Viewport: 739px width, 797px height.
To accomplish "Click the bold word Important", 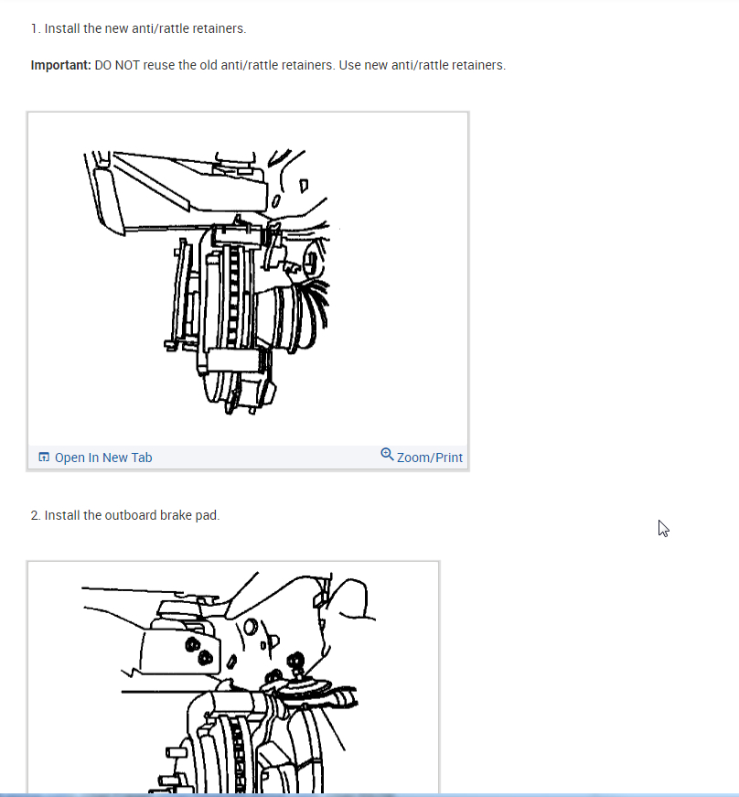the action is pyautogui.click(x=61, y=66).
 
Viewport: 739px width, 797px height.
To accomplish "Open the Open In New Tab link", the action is pyautogui.click(x=103, y=458).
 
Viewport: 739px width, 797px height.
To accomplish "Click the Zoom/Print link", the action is pyautogui.click(x=429, y=458).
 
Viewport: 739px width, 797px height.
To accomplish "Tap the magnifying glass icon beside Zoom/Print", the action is pyautogui.click(x=387, y=454).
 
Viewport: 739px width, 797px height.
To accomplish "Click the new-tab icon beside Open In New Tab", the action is pyautogui.click(x=44, y=457).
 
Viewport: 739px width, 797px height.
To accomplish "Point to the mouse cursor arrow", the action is pyautogui.click(x=663, y=529).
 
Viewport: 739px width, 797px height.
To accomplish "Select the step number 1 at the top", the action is pyautogui.click(x=35, y=28).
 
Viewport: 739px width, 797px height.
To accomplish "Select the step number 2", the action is pyautogui.click(x=35, y=515).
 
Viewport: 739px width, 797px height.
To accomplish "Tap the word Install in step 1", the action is pyautogui.click(x=62, y=28).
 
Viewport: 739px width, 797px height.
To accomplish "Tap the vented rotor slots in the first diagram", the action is pyautogui.click(x=233, y=295).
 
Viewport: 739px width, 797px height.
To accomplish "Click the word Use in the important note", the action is pyautogui.click(x=350, y=66).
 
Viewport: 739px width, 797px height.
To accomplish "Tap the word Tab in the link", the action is pyautogui.click(x=141, y=458).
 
